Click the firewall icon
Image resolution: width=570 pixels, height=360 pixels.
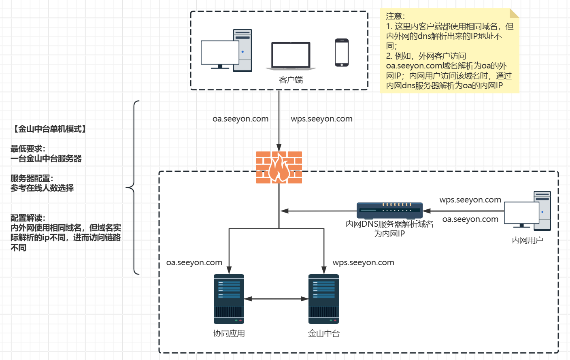(279, 167)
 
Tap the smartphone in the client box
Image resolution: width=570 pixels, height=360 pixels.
(342, 53)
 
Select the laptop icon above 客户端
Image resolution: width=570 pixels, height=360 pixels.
(291, 55)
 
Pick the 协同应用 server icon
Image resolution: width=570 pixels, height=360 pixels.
(229, 299)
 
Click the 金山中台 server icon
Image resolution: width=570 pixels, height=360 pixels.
(323, 299)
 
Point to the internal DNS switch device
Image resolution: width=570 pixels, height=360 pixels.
(389, 210)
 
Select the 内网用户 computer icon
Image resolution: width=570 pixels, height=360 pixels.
(527, 211)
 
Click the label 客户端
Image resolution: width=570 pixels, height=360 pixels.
(291, 80)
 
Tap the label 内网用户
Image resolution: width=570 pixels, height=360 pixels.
(527, 240)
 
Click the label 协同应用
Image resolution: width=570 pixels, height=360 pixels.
(229, 333)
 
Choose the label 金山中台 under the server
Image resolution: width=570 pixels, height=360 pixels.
(323, 333)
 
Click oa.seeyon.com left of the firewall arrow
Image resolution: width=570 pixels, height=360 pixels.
(240, 119)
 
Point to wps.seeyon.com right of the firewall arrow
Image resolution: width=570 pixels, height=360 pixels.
(321, 119)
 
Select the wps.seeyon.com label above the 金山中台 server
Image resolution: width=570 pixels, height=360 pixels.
(363, 262)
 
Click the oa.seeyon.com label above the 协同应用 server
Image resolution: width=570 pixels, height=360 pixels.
(194, 262)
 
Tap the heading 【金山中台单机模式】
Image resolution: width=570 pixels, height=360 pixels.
(49, 129)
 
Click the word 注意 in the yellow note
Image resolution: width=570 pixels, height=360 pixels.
(394, 16)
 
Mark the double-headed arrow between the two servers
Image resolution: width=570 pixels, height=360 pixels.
(276, 299)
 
